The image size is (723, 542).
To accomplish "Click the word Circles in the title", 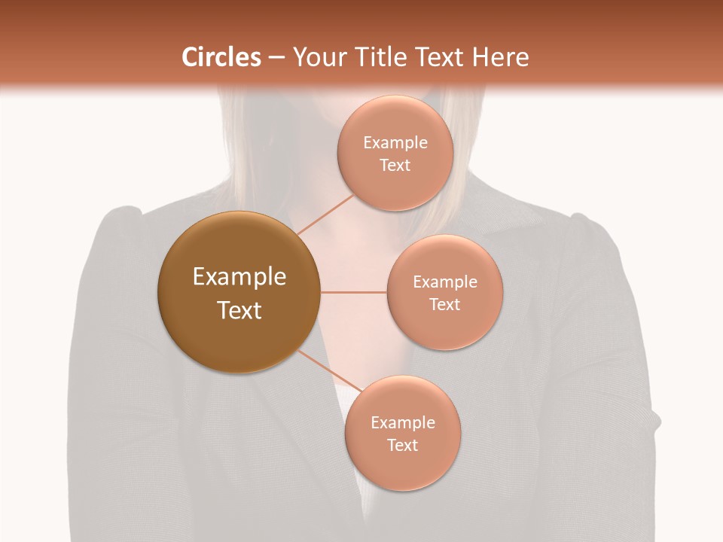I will coord(221,57).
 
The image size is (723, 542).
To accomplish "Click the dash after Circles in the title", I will coord(276,58).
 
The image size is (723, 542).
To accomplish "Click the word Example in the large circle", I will coord(239,277).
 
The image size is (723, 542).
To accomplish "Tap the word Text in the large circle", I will coord(239,310).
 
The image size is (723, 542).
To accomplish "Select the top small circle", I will coord(395,188).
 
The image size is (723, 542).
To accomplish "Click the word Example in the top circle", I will coord(395,143).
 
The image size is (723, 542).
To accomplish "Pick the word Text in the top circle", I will coord(395,166).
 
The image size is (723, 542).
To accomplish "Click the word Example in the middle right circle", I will coord(444,282).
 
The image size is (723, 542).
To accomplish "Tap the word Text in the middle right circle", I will coord(444,305).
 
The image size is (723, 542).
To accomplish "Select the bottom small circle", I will coord(402,467).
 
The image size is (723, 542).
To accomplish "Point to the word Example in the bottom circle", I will coord(402,423).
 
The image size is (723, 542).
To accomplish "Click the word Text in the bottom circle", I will coord(402,446).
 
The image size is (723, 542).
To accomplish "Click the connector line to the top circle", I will coord(325,215).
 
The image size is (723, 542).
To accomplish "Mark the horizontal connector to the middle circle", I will coord(353,292).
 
